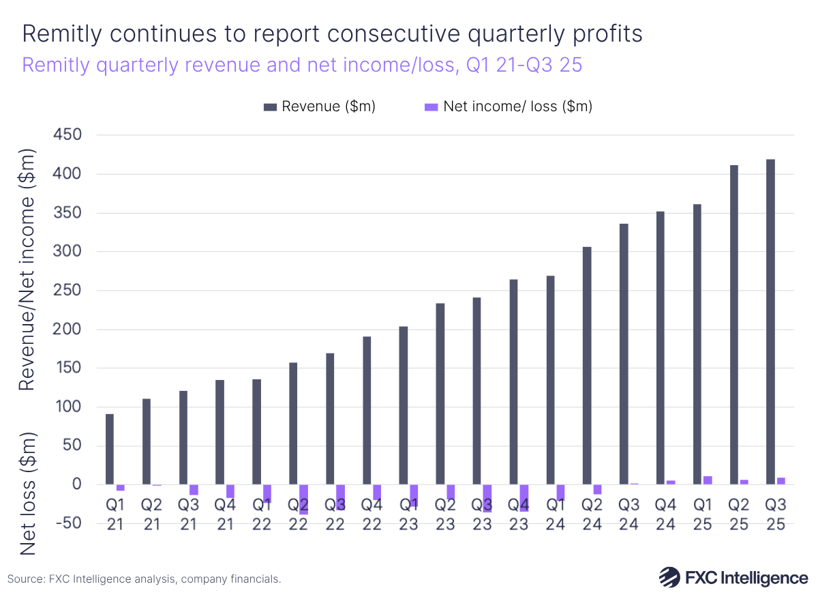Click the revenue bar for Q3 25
[x=770, y=321]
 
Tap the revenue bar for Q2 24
[x=587, y=365]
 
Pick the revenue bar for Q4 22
[x=367, y=410]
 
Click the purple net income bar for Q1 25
[x=708, y=480]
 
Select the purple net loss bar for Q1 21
[x=121, y=487]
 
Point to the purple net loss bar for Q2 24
[x=598, y=489]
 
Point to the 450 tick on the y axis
[x=67, y=135]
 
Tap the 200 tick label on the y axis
[x=67, y=330]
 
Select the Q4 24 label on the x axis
[x=666, y=514]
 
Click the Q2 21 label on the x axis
[x=151, y=514]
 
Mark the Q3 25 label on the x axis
[x=776, y=514]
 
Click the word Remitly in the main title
[x=61, y=34]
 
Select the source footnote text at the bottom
[x=145, y=579]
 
